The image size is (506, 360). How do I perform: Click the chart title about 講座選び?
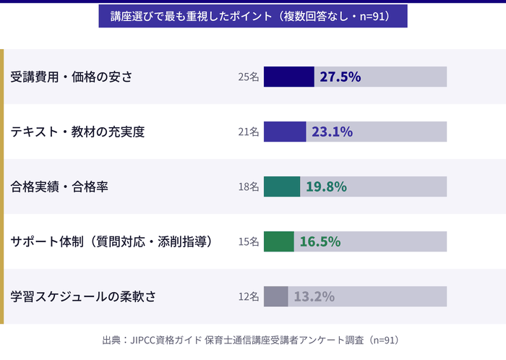pyautogui.click(x=252, y=16)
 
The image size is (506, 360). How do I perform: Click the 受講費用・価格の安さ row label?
pyautogui.click(x=72, y=77)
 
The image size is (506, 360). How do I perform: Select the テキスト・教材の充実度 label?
pyautogui.click(x=78, y=132)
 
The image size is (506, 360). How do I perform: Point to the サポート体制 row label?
pyautogui.click(x=112, y=241)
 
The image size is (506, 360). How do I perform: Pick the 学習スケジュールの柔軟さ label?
pyautogui.click(x=83, y=296)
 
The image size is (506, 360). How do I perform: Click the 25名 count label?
pyautogui.click(x=248, y=77)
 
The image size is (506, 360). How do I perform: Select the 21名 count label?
pyautogui.click(x=248, y=132)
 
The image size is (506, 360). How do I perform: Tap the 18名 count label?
pyautogui.click(x=248, y=187)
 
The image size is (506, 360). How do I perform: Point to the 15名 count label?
pyautogui.click(x=248, y=241)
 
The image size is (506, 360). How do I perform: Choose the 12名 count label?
pyautogui.click(x=248, y=296)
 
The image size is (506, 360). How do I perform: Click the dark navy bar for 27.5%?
pyautogui.click(x=288, y=77)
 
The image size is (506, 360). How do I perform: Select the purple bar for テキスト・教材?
pyautogui.click(x=284, y=132)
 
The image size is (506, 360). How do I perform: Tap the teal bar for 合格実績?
pyautogui.click(x=281, y=187)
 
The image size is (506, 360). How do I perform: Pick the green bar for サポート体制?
pyautogui.click(x=278, y=241)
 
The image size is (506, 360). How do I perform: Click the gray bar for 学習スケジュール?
pyautogui.click(x=275, y=296)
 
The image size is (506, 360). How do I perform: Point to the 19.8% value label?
pyautogui.click(x=326, y=187)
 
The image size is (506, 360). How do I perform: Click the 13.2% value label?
pyautogui.click(x=314, y=296)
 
